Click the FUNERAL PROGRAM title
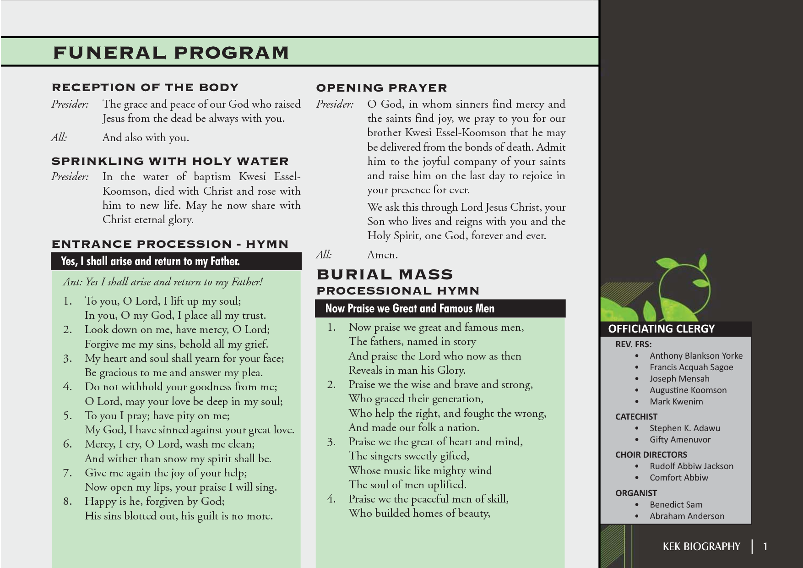point(171,53)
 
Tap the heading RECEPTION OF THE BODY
point(145,87)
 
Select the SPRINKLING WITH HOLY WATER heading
point(170,161)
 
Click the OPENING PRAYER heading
point(381,88)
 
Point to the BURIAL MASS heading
point(385,274)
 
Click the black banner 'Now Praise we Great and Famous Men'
point(409,308)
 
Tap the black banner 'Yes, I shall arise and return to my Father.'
point(150,261)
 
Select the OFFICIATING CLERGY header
point(661,329)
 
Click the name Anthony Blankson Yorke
point(696,356)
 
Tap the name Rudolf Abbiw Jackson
point(691,466)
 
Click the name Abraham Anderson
point(687,516)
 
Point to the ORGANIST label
point(636,493)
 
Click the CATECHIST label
point(636,417)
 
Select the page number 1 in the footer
point(765,546)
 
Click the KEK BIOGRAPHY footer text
point(701,546)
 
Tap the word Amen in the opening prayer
point(382,255)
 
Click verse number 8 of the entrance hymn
point(67,502)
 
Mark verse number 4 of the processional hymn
point(331,499)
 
